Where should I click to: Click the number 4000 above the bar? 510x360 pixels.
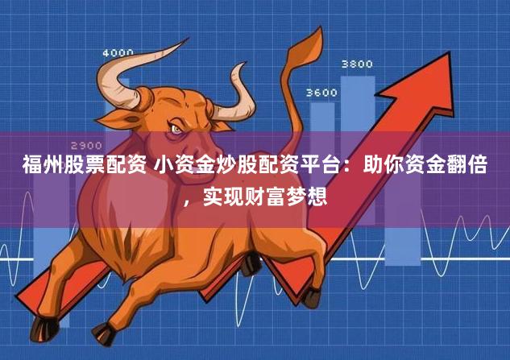pyautogui.click(x=118, y=53)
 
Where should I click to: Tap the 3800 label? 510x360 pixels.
pyautogui.click(x=357, y=63)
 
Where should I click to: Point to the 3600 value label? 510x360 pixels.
pyautogui.click(x=321, y=93)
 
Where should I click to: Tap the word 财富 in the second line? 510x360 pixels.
pyautogui.click(x=263, y=196)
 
